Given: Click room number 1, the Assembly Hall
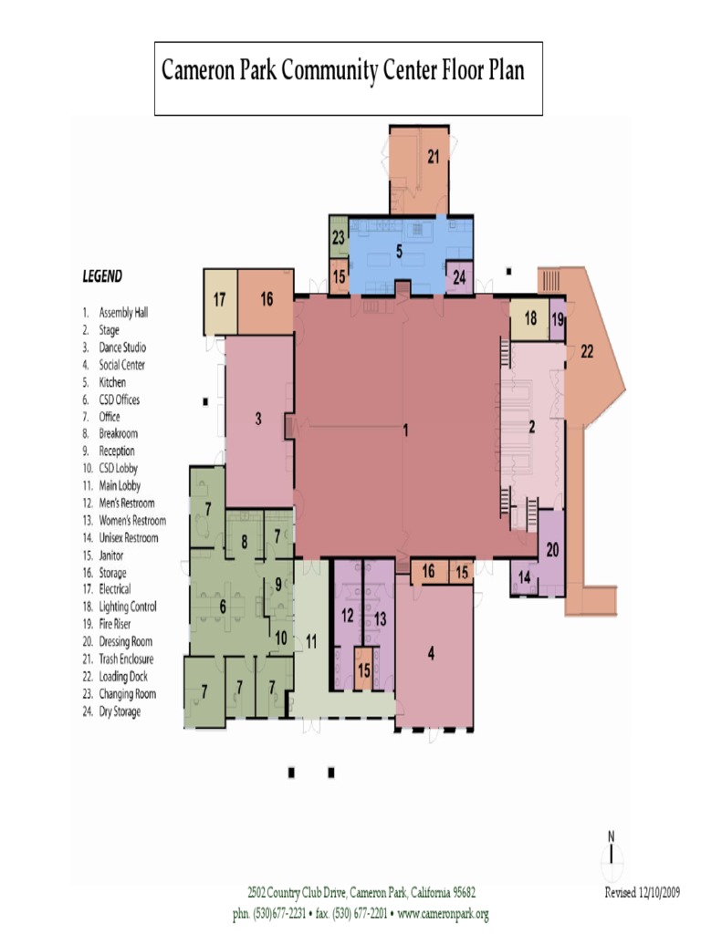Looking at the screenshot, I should click(x=404, y=431).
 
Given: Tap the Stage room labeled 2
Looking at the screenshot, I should click(x=532, y=426).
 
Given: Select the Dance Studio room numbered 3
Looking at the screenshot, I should click(x=259, y=419).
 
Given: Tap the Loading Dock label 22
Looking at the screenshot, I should click(x=587, y=352).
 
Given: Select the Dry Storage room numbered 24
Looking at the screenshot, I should click(x=458, y=276).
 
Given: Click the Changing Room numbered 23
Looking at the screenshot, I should click(x=338, y=237).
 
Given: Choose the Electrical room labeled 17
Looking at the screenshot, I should click(x=220, y=299).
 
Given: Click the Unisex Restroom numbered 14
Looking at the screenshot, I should click(x=524, y=577).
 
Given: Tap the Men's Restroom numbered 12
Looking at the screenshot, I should click(x=347, y=616).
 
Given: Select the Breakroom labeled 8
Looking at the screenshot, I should click(x=244, y=541).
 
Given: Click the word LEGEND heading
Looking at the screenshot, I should click(x=102, y=275).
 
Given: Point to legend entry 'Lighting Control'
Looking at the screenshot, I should click(x=127, y=607).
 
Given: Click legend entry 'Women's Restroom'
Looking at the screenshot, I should click(x=132, y=521).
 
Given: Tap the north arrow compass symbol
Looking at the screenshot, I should click(x=612, y=855).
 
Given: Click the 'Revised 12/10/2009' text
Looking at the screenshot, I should click(x=643, y=893).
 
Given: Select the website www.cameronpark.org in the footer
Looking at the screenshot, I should click(x=443, y=914).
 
